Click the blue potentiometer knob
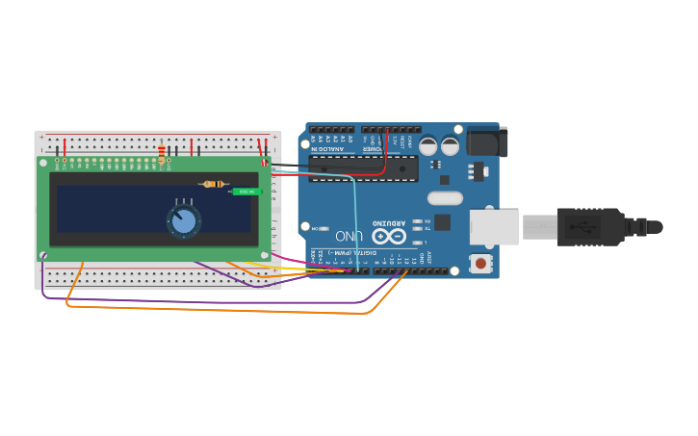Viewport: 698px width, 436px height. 183,222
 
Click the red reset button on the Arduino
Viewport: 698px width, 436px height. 479,263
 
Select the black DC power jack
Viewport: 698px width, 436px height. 486,142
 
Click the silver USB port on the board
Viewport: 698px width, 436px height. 494,227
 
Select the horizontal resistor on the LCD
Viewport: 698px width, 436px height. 214,184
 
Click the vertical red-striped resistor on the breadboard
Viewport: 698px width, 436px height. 161,152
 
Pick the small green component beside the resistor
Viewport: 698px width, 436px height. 246,192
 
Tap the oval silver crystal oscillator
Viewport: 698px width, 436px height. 444,198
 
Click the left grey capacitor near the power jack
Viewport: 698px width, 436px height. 427,146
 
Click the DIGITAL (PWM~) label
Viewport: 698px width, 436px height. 339,253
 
